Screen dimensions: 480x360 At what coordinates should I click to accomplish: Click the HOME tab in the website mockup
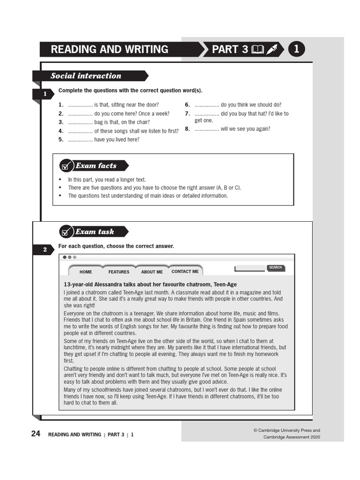(x=86, y=272)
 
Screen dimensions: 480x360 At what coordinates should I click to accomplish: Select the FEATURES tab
(x=119, y=272)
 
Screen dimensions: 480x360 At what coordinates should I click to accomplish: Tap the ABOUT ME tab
(x=152, y=272)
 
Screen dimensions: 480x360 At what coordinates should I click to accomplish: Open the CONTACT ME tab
(x=185, y=271)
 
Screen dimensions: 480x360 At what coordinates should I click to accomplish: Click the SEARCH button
(x=276, y=268)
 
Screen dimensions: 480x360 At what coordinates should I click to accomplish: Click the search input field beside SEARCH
(x=250, y=269)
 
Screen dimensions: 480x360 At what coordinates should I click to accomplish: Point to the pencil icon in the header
(x=272, y=50)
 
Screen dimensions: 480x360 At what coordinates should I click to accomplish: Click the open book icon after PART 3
(x=258, y=50)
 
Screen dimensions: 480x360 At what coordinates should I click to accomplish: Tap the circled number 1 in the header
(x=297, y=49)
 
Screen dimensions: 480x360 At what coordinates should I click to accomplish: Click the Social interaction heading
(x=86, y=76)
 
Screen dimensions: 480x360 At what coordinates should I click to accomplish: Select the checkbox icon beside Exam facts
(x=66, y=166)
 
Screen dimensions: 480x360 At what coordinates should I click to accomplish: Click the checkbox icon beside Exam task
(x=66, y=232)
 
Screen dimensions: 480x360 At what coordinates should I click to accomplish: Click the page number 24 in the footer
(x=36, y=434)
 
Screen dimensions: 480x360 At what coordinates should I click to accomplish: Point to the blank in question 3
(x=80, y=122)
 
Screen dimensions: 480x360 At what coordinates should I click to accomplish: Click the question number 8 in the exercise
(x=187, y=129)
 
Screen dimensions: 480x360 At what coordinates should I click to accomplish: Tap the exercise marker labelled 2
(x=45, y=250)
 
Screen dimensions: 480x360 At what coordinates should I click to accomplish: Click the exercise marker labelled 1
(x=45, y=95)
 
